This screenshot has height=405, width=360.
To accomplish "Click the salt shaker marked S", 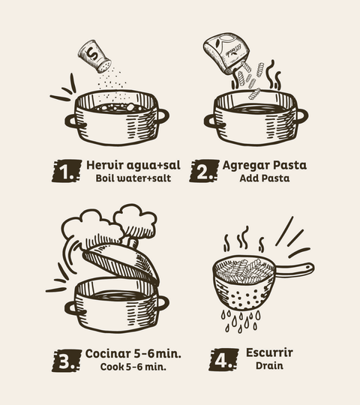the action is pos(94,56).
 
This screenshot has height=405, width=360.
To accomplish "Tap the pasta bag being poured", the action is pos(226,52).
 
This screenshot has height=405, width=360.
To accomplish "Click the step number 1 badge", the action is pos(67,171).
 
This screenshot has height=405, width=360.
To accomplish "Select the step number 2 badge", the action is pos(204,171).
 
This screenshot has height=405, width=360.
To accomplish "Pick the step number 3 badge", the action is pos(67,361).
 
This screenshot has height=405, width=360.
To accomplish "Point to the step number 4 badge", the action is pos(223,360).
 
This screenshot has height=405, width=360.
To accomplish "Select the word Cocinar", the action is pos(108,353).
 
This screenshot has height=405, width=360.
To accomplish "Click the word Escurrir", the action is pos(269,352).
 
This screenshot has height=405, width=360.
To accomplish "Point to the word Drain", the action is pos(269,366).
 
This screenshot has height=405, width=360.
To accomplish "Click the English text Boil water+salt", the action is pos(133,178).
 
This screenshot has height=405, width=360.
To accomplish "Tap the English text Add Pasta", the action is pos(265,178).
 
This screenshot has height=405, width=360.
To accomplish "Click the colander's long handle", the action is pos(295,269).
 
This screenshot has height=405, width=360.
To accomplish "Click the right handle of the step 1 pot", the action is pos(162,116).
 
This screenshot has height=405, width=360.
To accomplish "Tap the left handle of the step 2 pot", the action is pos(211,121).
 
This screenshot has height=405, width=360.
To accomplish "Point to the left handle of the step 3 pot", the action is pos(72,308).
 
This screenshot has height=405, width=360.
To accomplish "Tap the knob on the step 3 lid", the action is pos(132,243).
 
